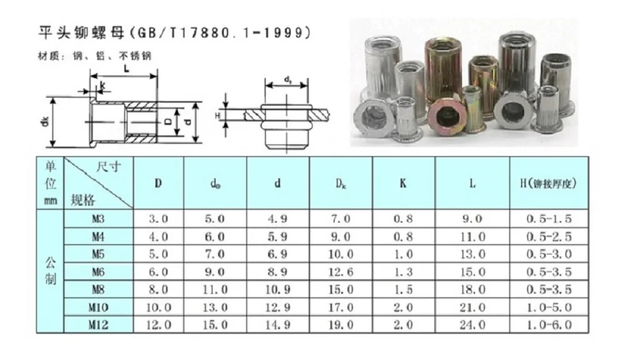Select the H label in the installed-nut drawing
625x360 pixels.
[x=218, y=116]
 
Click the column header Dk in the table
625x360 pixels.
[x=341, y=184]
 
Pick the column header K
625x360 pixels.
[x=404, y=184]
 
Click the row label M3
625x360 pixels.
[x=98, y=219]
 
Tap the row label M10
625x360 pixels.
[x=98, y=307]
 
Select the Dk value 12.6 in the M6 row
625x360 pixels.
[x=341, y=272]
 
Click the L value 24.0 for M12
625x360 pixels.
[x=472, y=325]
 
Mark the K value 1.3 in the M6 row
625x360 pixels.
[x=404, y=272]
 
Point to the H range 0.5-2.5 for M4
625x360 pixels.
[x=549, y=236]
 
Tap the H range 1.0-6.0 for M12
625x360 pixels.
[x=549, y=325]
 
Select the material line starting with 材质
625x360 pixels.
[x=94, y=56]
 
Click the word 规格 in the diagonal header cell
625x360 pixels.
[x=83, y=199]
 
